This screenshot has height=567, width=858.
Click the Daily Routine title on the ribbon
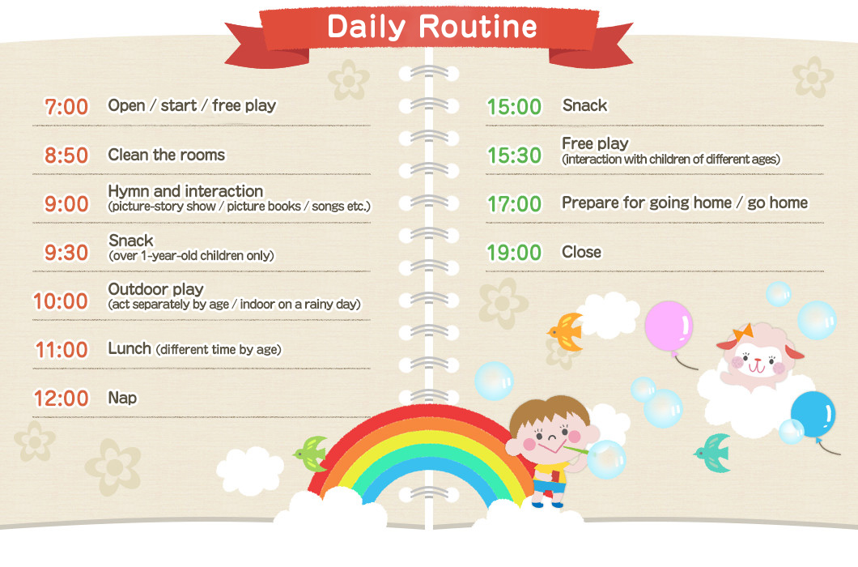(x=431, y=27)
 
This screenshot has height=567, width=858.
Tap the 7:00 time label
(x=66, y=107)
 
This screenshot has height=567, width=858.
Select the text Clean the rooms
(x=166, y=155)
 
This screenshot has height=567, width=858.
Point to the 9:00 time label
(x=66, y=204)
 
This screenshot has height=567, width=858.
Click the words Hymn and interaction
(x=185, y=191)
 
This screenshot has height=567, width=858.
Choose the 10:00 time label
(x=61, y=301)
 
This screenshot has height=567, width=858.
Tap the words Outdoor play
(x=155, y=289)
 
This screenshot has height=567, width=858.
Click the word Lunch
(x=130, y=348)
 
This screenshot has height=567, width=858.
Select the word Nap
(x=122, y=398)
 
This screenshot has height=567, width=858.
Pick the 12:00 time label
(x=61, y=399)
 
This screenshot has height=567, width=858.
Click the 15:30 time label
(x=514, y=156)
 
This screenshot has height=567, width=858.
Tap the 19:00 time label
(x=514, y=253)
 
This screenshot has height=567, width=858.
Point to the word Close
(x=581, y=252)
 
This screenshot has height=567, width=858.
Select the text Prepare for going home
(x=646, y=202)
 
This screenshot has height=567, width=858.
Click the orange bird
(x=567, y=330)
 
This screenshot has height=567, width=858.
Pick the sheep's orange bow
(x=742, y=332)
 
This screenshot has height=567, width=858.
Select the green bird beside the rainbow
(x=312, y=450)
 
